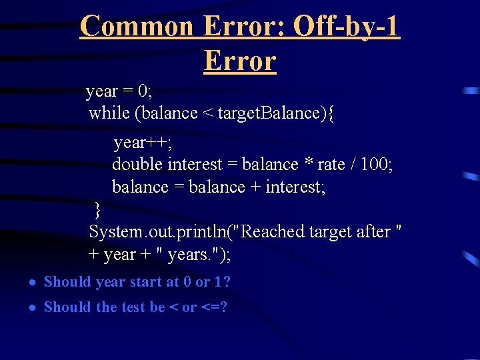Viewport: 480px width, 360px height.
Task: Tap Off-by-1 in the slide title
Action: coord(347,27)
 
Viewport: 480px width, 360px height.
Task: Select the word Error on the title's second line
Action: coord(240,61)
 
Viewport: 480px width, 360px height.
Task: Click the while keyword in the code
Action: coord(109,113)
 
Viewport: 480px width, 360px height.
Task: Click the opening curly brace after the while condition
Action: coord(331,113)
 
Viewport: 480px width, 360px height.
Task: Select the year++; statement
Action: coord(139,143)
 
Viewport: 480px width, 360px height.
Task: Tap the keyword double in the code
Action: coord(137,164)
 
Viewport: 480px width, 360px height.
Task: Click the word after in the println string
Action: coord(373,232)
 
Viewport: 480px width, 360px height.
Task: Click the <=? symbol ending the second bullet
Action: coord(214,307)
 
